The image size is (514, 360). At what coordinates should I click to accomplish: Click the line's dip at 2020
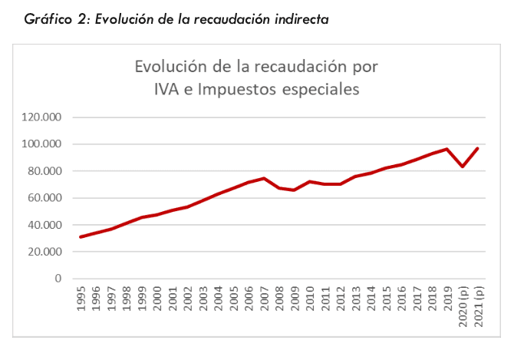click(462, 167)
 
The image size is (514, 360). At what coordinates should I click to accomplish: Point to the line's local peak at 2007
click(264, 178)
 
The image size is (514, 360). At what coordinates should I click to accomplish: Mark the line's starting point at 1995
click(81, 236)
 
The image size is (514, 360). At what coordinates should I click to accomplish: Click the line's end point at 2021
click(477, 148)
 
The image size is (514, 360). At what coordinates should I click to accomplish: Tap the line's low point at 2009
click(295, 190)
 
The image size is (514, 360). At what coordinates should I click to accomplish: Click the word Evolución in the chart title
click(166, 67)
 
